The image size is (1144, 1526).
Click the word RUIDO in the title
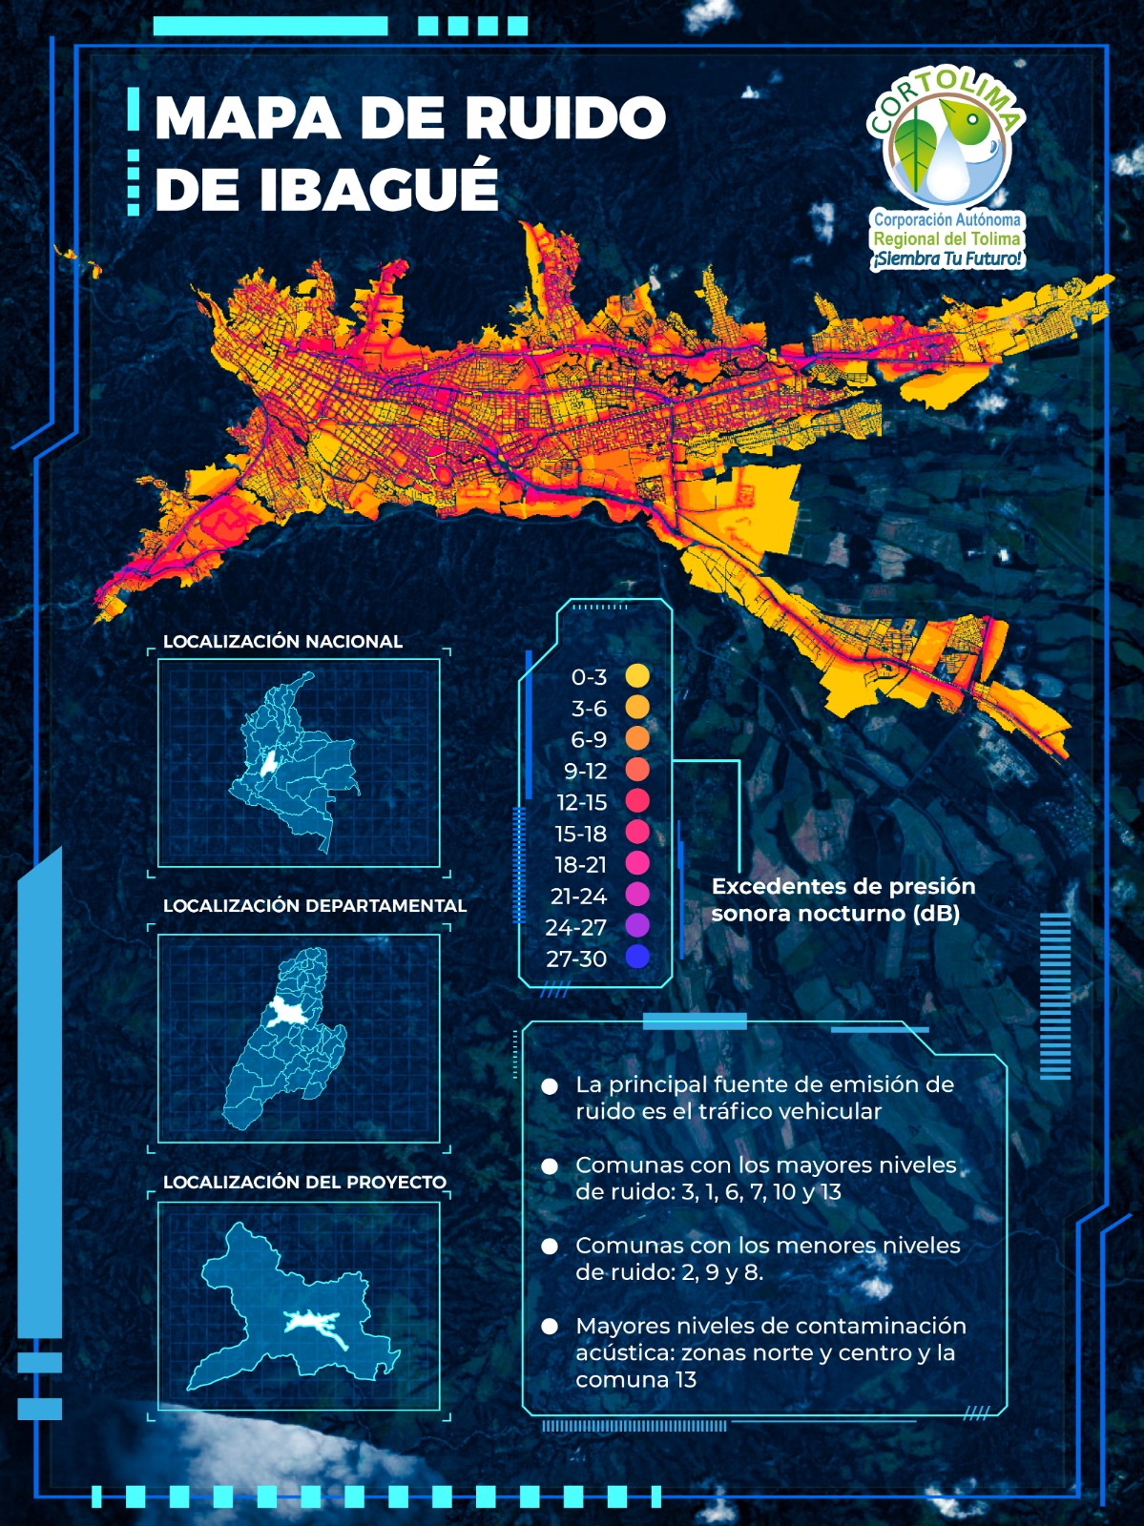[564, 118]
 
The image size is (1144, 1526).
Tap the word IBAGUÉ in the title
[378, 189]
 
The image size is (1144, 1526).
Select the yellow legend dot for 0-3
[637, 676]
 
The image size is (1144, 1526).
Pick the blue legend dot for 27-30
[637, 957]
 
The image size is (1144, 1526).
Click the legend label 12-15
[581, 802]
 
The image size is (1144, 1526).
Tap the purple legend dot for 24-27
[637, 925]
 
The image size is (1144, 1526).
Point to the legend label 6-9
[588, 739]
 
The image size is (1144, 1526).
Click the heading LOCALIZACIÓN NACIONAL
[282, 642]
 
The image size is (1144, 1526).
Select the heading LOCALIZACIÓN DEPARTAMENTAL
[315, 906]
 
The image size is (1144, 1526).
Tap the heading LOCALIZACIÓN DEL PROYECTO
[304, 1182]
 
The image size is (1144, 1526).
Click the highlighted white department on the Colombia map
[270, 762]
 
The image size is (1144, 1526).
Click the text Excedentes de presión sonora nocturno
[843, 899]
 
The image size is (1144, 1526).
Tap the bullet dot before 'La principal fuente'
[550, 1086]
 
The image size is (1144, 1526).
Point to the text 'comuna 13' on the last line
[635, 1379]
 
